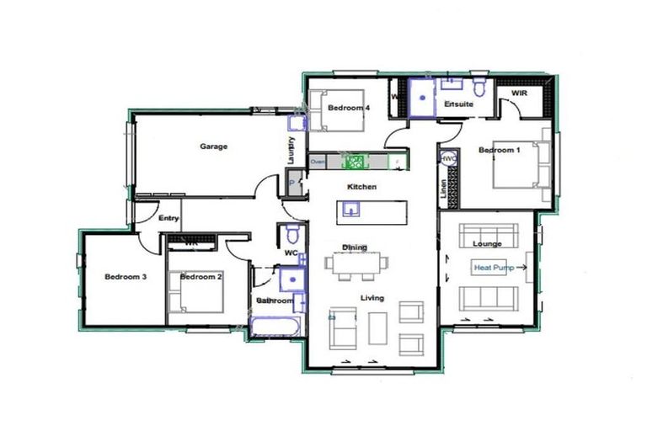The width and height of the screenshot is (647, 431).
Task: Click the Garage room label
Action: pyautogui.click(x=213, y=146)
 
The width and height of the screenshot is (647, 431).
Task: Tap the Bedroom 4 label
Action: pyautogui.click(x=349, y=108)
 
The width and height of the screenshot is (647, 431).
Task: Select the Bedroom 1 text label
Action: pyautogui.click(x=499, y=150)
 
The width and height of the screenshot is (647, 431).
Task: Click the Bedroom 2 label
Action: pyautogui.click(x=201, y=276)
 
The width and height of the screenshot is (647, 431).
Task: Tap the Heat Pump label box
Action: pyautogui.click(x=495, y=267)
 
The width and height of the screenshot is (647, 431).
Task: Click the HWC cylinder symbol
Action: pyautogui.click(x=448, y=157)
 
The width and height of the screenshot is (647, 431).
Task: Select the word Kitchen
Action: pyautogui.click(x=361, y=186)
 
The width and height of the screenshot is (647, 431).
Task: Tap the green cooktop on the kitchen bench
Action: pyautogui.click(x=355, y=160)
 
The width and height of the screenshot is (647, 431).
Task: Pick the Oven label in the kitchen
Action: pyautogui.click(x=318, y=161)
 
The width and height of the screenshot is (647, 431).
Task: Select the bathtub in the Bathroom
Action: pyautogui.click(x=272, y=326)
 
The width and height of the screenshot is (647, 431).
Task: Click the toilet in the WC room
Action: pyautogui.click(x=292, y=233)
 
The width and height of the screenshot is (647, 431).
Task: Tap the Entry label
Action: pyautogui.click(x=168, y=218)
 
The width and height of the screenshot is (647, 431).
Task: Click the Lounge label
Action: pyautogui.click(x=487, y=244)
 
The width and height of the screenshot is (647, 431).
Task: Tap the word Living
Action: pyautogui.click(x=372, y=297)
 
